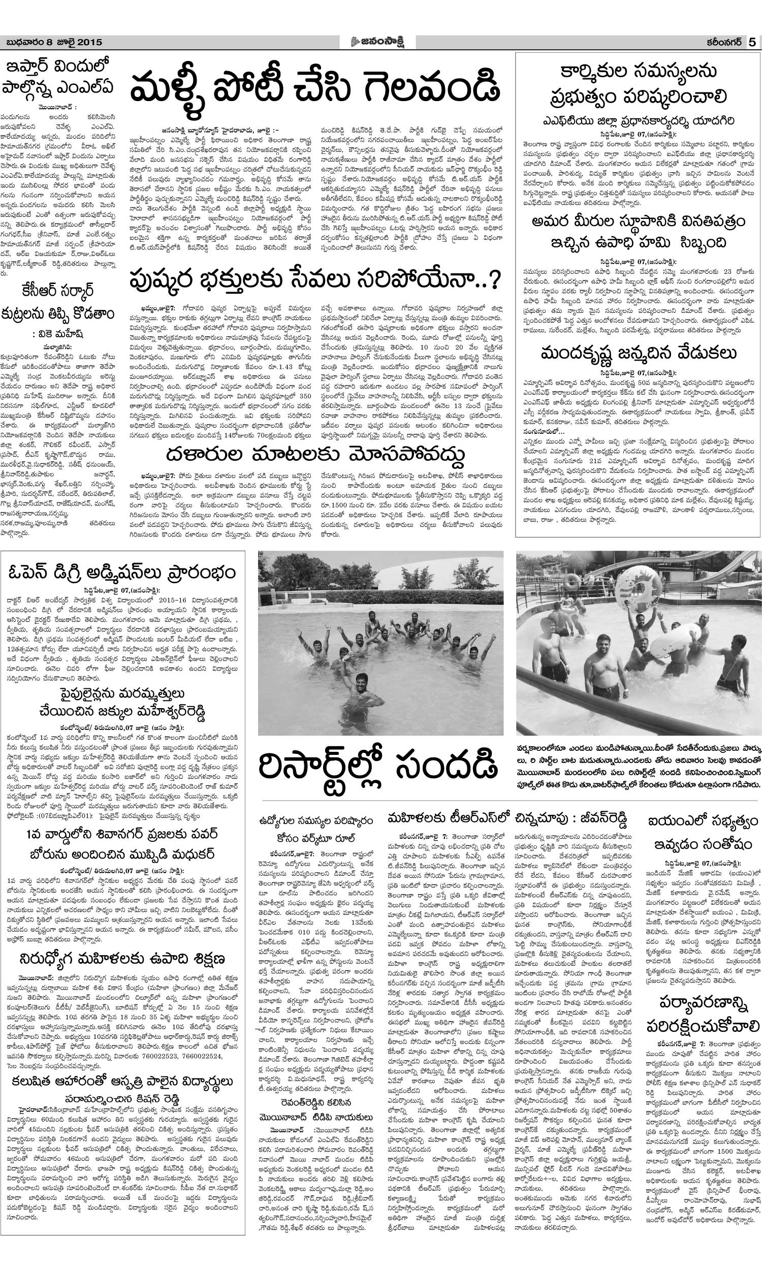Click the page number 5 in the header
[x=752, y=42]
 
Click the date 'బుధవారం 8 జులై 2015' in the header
[x=54, y=42]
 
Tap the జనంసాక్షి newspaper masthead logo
[x=378, y=42]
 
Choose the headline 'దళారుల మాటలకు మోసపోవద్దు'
[x=315, y=454]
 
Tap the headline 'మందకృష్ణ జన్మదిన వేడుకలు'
[x=638, y=353]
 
